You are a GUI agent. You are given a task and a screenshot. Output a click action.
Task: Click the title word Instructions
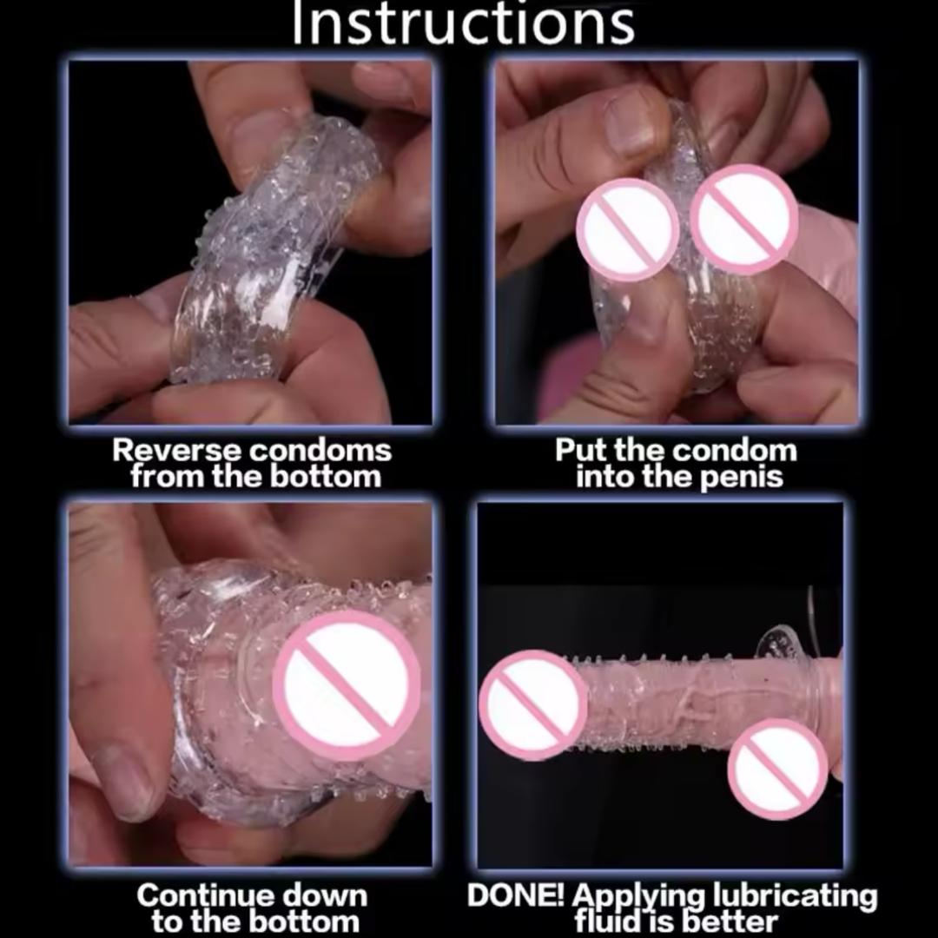tap(463, 24)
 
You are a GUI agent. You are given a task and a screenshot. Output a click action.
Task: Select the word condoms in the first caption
tap(320, 451)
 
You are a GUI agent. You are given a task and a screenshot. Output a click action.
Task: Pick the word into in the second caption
tap(606, 477)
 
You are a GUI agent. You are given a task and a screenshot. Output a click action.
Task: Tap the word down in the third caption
tap(324, 895)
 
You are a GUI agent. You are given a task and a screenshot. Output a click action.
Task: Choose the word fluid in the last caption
tap(610, 921)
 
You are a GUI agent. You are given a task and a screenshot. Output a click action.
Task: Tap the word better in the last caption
tap(730, 921)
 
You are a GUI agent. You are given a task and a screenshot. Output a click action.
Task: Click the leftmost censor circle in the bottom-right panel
tap(532, 705)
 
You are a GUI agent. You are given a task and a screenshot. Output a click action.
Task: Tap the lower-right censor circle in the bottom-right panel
tap(778, 769)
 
